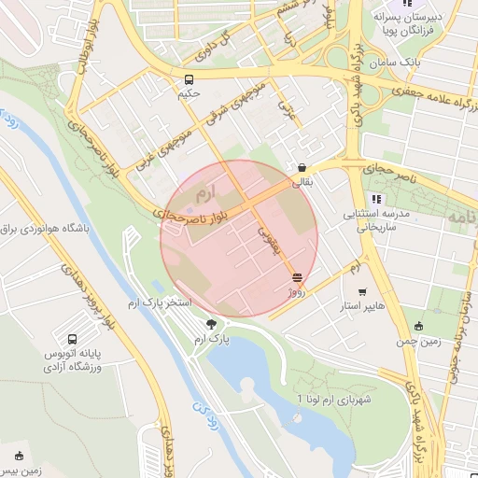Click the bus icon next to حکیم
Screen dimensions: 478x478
(190, 80)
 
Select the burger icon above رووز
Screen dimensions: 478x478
(297, 277)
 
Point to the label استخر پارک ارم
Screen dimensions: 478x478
(159, 304)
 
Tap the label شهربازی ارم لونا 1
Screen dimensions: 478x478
(332, 399)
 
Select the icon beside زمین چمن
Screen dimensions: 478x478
(418, 326)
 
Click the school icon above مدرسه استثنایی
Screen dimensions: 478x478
(375, 199)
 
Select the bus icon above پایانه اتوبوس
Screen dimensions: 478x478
(73, 338)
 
